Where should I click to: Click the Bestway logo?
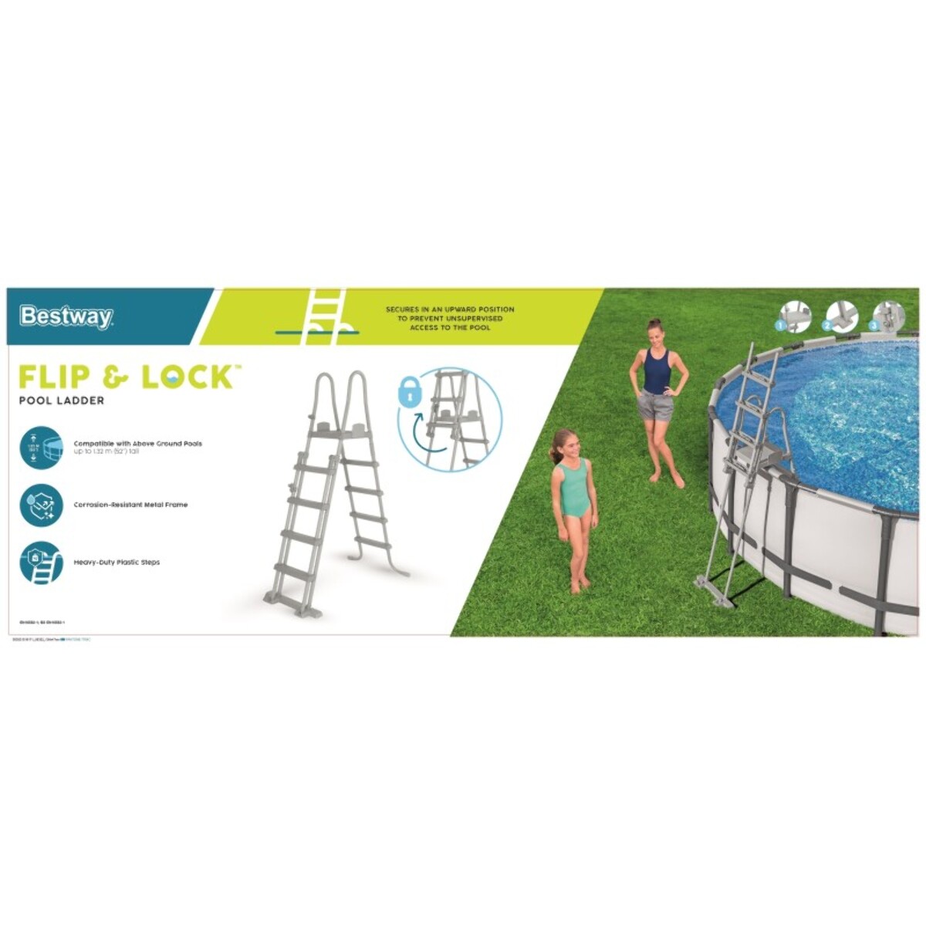click(x=66, y=316)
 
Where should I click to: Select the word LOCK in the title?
click(x=187, y=377)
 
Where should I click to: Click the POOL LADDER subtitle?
click(x=62, y=401)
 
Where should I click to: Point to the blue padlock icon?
click(x=410, y=393)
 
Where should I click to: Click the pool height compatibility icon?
click(x=40, y=448)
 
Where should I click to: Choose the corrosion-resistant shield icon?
click(x=40, y=505)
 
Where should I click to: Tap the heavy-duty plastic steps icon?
click(x=40, y=563)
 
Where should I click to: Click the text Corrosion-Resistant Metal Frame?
click(x=130, y=505)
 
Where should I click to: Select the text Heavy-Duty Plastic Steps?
click(x=117, y=563)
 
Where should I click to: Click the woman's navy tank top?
click(x=657, y=372)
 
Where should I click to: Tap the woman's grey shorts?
click(x=656, y=405)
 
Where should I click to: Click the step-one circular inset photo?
click(x=795, y=317)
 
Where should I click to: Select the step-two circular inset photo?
click(x=842, y=317)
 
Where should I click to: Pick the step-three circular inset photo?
click(x=889, y=317)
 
